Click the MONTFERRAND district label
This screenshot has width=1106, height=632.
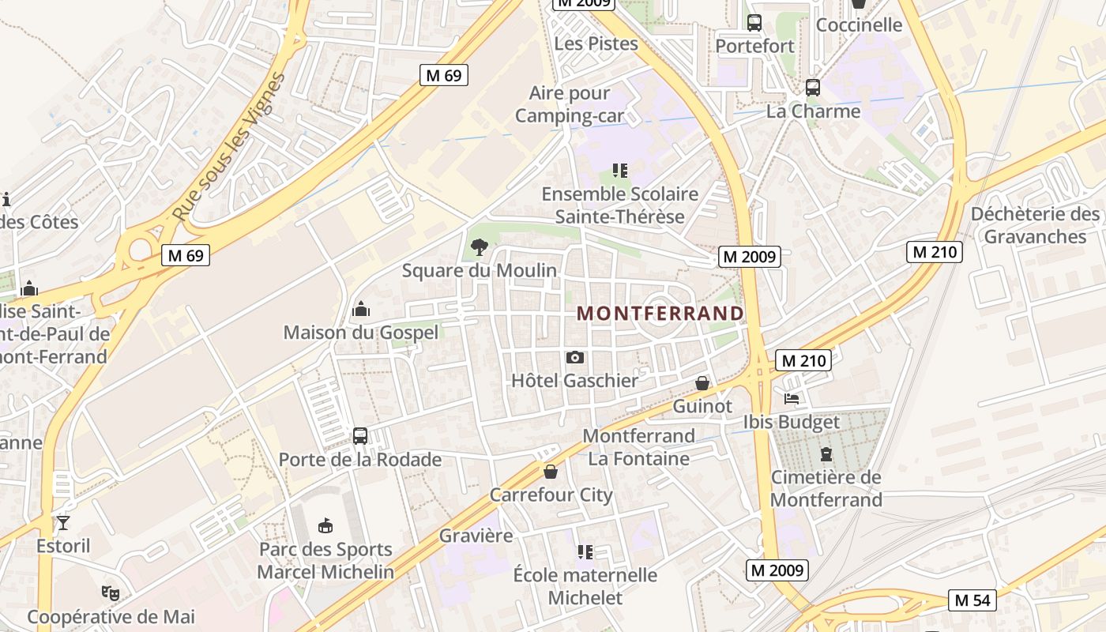coord(660,314)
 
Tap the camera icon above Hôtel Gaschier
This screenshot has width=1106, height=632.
coord(575,358)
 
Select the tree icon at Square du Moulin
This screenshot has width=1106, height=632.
coord(479,247)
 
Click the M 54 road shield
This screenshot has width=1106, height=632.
coord(972,600)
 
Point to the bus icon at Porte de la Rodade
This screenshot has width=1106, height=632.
coord(359,435)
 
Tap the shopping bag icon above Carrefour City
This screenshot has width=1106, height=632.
coord(551,472)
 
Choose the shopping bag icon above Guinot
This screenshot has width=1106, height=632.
coord(702,383)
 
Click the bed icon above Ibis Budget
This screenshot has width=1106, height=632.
coord(792,399)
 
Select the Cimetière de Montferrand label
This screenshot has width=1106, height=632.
coord(826,488)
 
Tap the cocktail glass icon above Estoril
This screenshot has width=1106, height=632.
coord(63,522)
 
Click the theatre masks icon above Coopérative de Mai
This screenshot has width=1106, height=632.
coord(111,592)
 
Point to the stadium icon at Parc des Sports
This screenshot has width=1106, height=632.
coord(325,525)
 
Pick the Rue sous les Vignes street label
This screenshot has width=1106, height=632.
coord(229,148)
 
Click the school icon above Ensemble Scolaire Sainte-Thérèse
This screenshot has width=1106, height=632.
coord(620,170)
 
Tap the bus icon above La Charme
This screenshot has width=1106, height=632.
coord(812,88)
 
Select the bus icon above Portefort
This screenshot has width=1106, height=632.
coord(754,23)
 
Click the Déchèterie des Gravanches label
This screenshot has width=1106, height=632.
coord(1035,225)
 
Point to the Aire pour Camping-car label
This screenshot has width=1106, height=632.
coord(570,104)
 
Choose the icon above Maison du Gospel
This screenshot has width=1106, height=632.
coord(361,308)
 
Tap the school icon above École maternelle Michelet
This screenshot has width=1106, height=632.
coord(585,551)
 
